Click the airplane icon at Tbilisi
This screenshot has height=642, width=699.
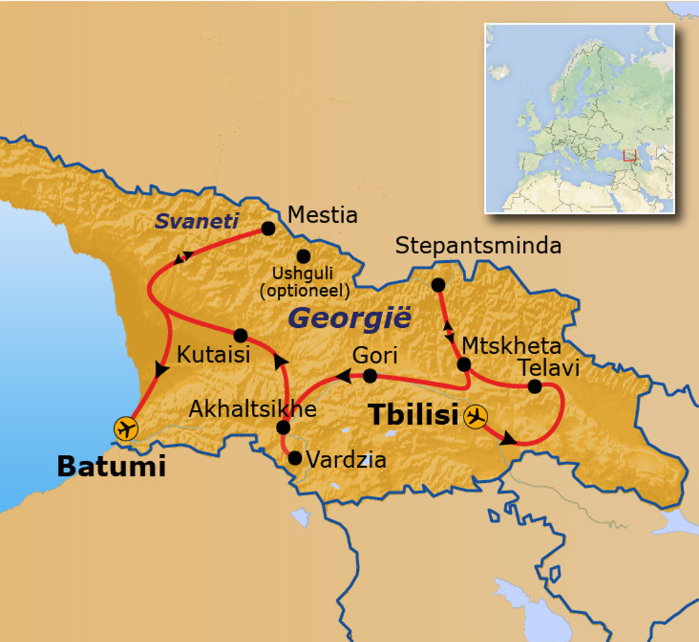pos(475,416)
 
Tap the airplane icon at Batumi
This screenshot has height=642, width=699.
pos(126,428)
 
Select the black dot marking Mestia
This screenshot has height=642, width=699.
pos(268,228)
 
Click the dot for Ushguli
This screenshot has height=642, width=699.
pos(303,256)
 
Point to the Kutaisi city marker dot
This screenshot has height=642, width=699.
pos(240,335)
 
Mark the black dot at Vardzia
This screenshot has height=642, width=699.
pos(295,458)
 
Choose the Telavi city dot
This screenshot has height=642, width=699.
pos(534,387)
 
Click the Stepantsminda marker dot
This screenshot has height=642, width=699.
pos(438,285)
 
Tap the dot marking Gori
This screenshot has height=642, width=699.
pos(369,376)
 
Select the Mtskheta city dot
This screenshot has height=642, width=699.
pos(463,365)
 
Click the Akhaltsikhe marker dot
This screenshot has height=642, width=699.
pos(283,428)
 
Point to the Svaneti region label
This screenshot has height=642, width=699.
pos(197,221)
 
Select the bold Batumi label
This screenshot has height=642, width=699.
pos(111,466)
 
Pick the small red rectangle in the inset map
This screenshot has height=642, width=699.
pos(629,155)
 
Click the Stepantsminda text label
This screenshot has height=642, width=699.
pos(478,246)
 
